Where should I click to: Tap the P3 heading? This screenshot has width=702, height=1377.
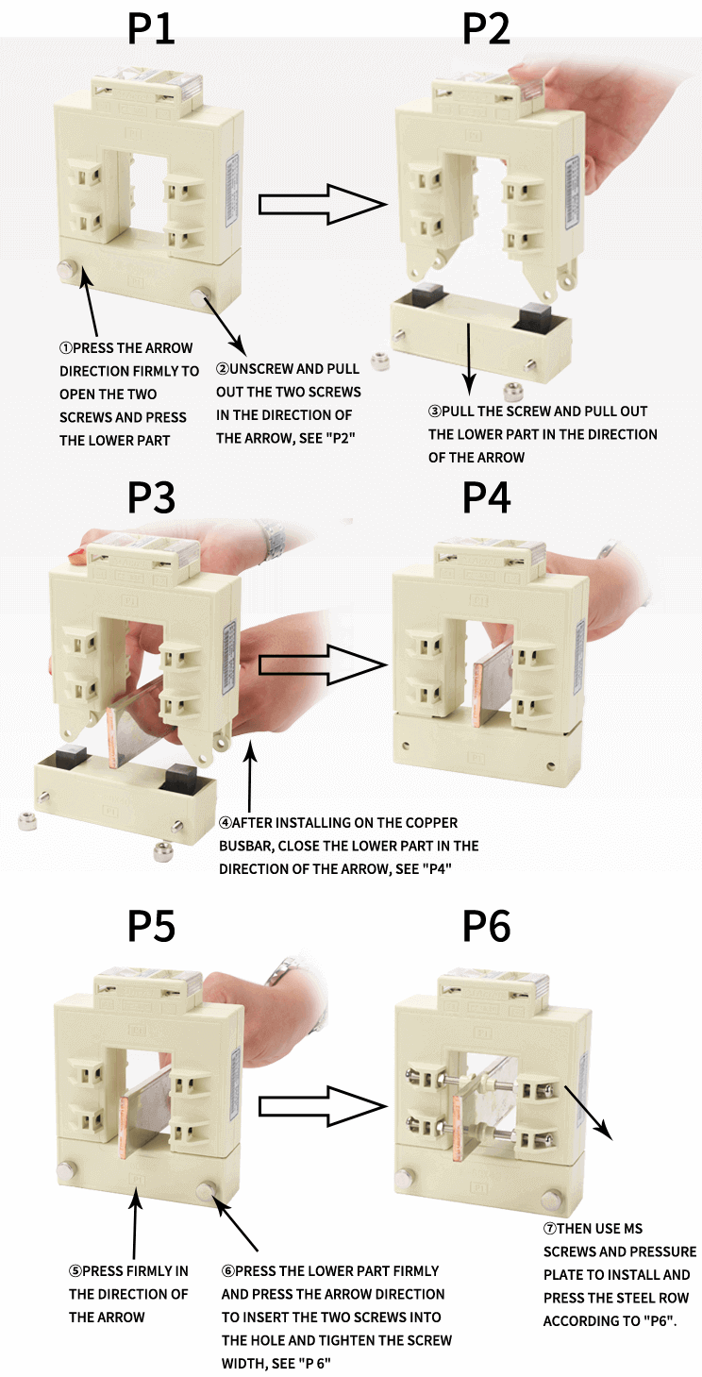152,497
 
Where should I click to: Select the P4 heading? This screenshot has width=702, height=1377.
486,497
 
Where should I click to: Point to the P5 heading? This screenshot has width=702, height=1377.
152,927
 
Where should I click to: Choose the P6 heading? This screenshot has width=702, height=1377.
486,927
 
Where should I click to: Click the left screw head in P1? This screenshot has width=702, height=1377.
69,272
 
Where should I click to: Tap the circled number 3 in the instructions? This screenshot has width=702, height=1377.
434,411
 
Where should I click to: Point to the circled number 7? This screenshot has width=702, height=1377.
549,1229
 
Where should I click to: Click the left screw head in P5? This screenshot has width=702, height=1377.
65,1171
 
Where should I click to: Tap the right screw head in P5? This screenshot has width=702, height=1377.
208,1190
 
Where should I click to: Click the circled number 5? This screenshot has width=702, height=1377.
75,1271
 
